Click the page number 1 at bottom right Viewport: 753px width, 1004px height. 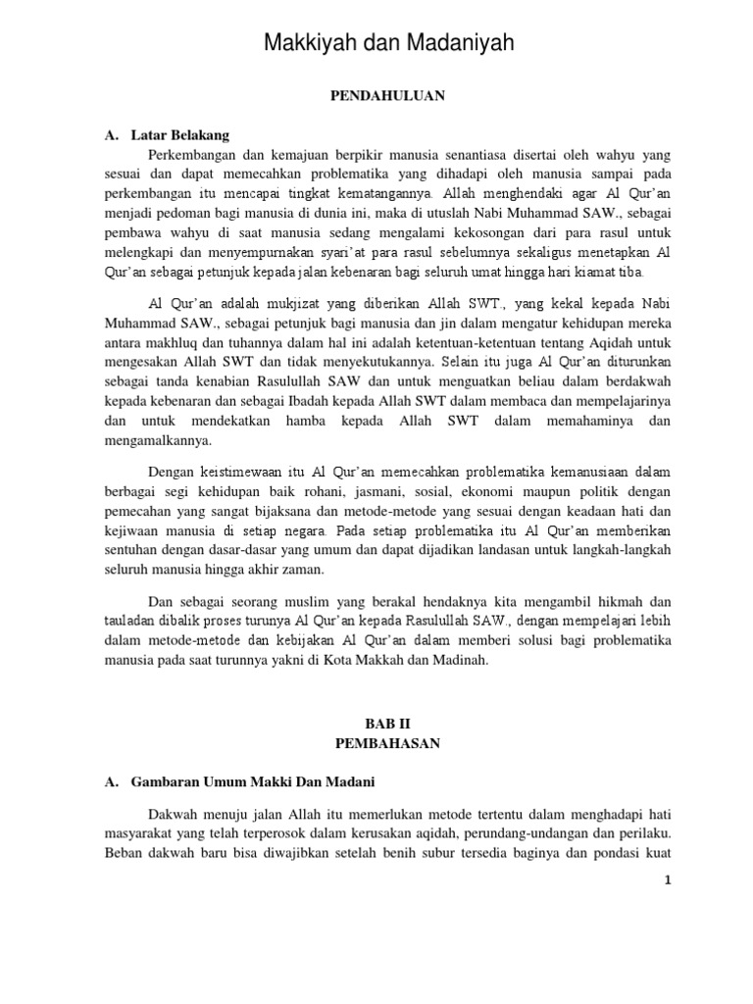pos(668,880)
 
